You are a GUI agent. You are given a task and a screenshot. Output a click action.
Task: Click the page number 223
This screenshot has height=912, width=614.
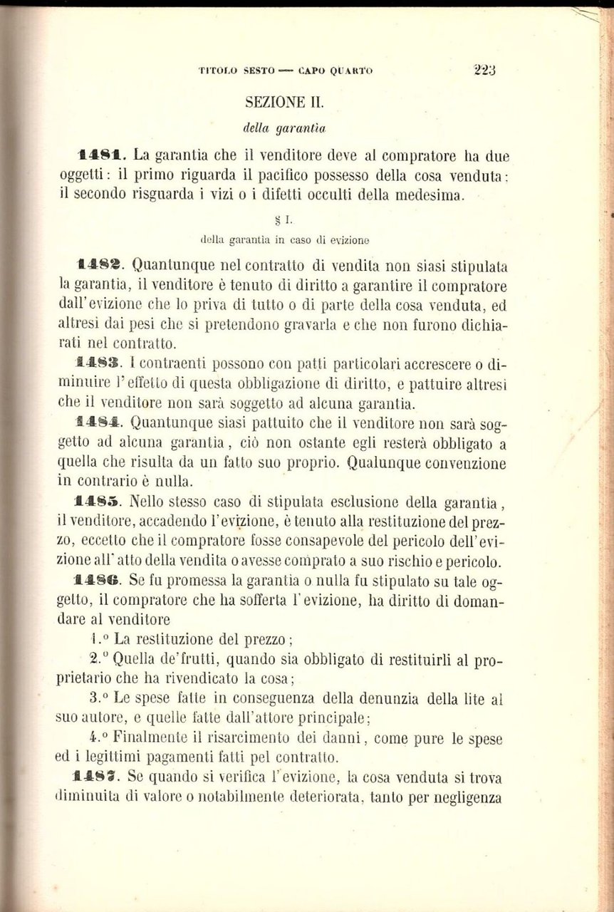point(484,70)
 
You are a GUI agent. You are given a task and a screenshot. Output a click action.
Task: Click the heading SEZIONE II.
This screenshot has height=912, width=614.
point(284,102)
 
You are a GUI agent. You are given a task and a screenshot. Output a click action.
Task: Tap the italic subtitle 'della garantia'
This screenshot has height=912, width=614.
point(284,129)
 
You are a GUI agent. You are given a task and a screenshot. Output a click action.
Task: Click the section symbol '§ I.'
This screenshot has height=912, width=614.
point(284,220)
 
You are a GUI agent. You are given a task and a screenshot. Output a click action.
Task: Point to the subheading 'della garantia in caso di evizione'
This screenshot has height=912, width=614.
point(284,239)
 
